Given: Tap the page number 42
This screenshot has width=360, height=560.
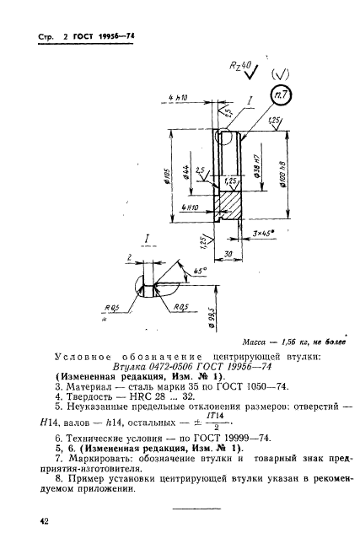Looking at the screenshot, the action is (43, 523).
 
